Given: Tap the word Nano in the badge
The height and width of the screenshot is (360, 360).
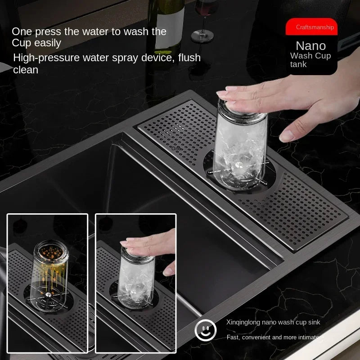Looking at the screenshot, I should pyautogui.click(x=310, y=45).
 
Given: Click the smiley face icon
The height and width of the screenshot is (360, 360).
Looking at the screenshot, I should pyautogui.click(x=206, y=331).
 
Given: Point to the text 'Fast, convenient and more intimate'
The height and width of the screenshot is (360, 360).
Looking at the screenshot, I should pyautogui.click(x=272, y=337).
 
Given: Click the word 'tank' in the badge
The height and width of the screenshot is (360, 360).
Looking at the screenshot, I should pyautogui.click(x=298, y=64).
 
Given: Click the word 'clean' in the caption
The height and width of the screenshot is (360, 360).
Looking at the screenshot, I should pyautogui.click(x=26, y=70).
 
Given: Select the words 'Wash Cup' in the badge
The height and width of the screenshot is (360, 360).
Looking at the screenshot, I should pyautogui.click(x=310, y=56).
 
